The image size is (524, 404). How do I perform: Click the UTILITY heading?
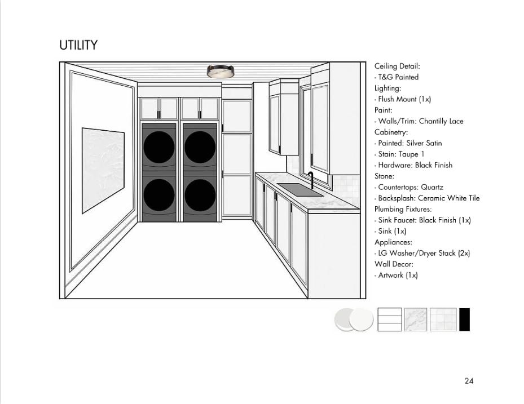point(78,46)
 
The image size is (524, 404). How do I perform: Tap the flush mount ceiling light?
point(221,72)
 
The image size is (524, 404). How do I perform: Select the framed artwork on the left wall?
point(103,170)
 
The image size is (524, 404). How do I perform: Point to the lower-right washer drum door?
point(200,195)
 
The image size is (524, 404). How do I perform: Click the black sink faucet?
point(310,181)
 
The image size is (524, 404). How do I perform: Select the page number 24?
point(469,381)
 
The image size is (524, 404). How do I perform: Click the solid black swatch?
point(464,319)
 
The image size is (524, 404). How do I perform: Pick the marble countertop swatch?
point(416,319)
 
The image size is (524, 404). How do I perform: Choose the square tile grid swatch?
point(443,319)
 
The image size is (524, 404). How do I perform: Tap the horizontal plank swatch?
point(390,319)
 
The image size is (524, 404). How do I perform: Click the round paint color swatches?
point(354,320)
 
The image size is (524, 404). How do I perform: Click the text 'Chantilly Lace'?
point(441,121)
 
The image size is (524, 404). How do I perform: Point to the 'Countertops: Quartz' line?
point(409,187)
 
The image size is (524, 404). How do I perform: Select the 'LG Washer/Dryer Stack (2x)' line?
point(422,253)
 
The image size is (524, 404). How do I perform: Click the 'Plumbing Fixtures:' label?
point(403,209)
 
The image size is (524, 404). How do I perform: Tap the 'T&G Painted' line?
point(397,77)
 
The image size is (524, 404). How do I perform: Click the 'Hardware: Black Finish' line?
point(413,165)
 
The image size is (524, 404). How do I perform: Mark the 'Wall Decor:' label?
point(394,264)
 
